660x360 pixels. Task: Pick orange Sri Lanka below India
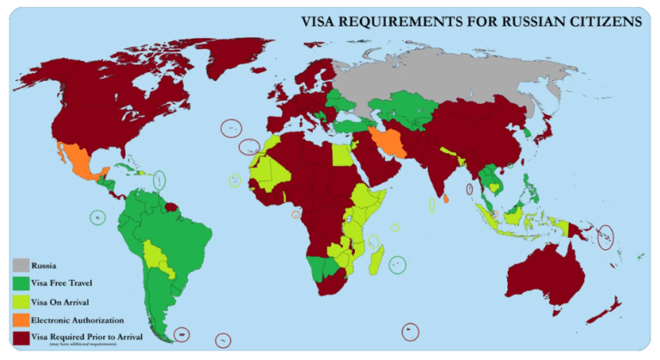[447, 198]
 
